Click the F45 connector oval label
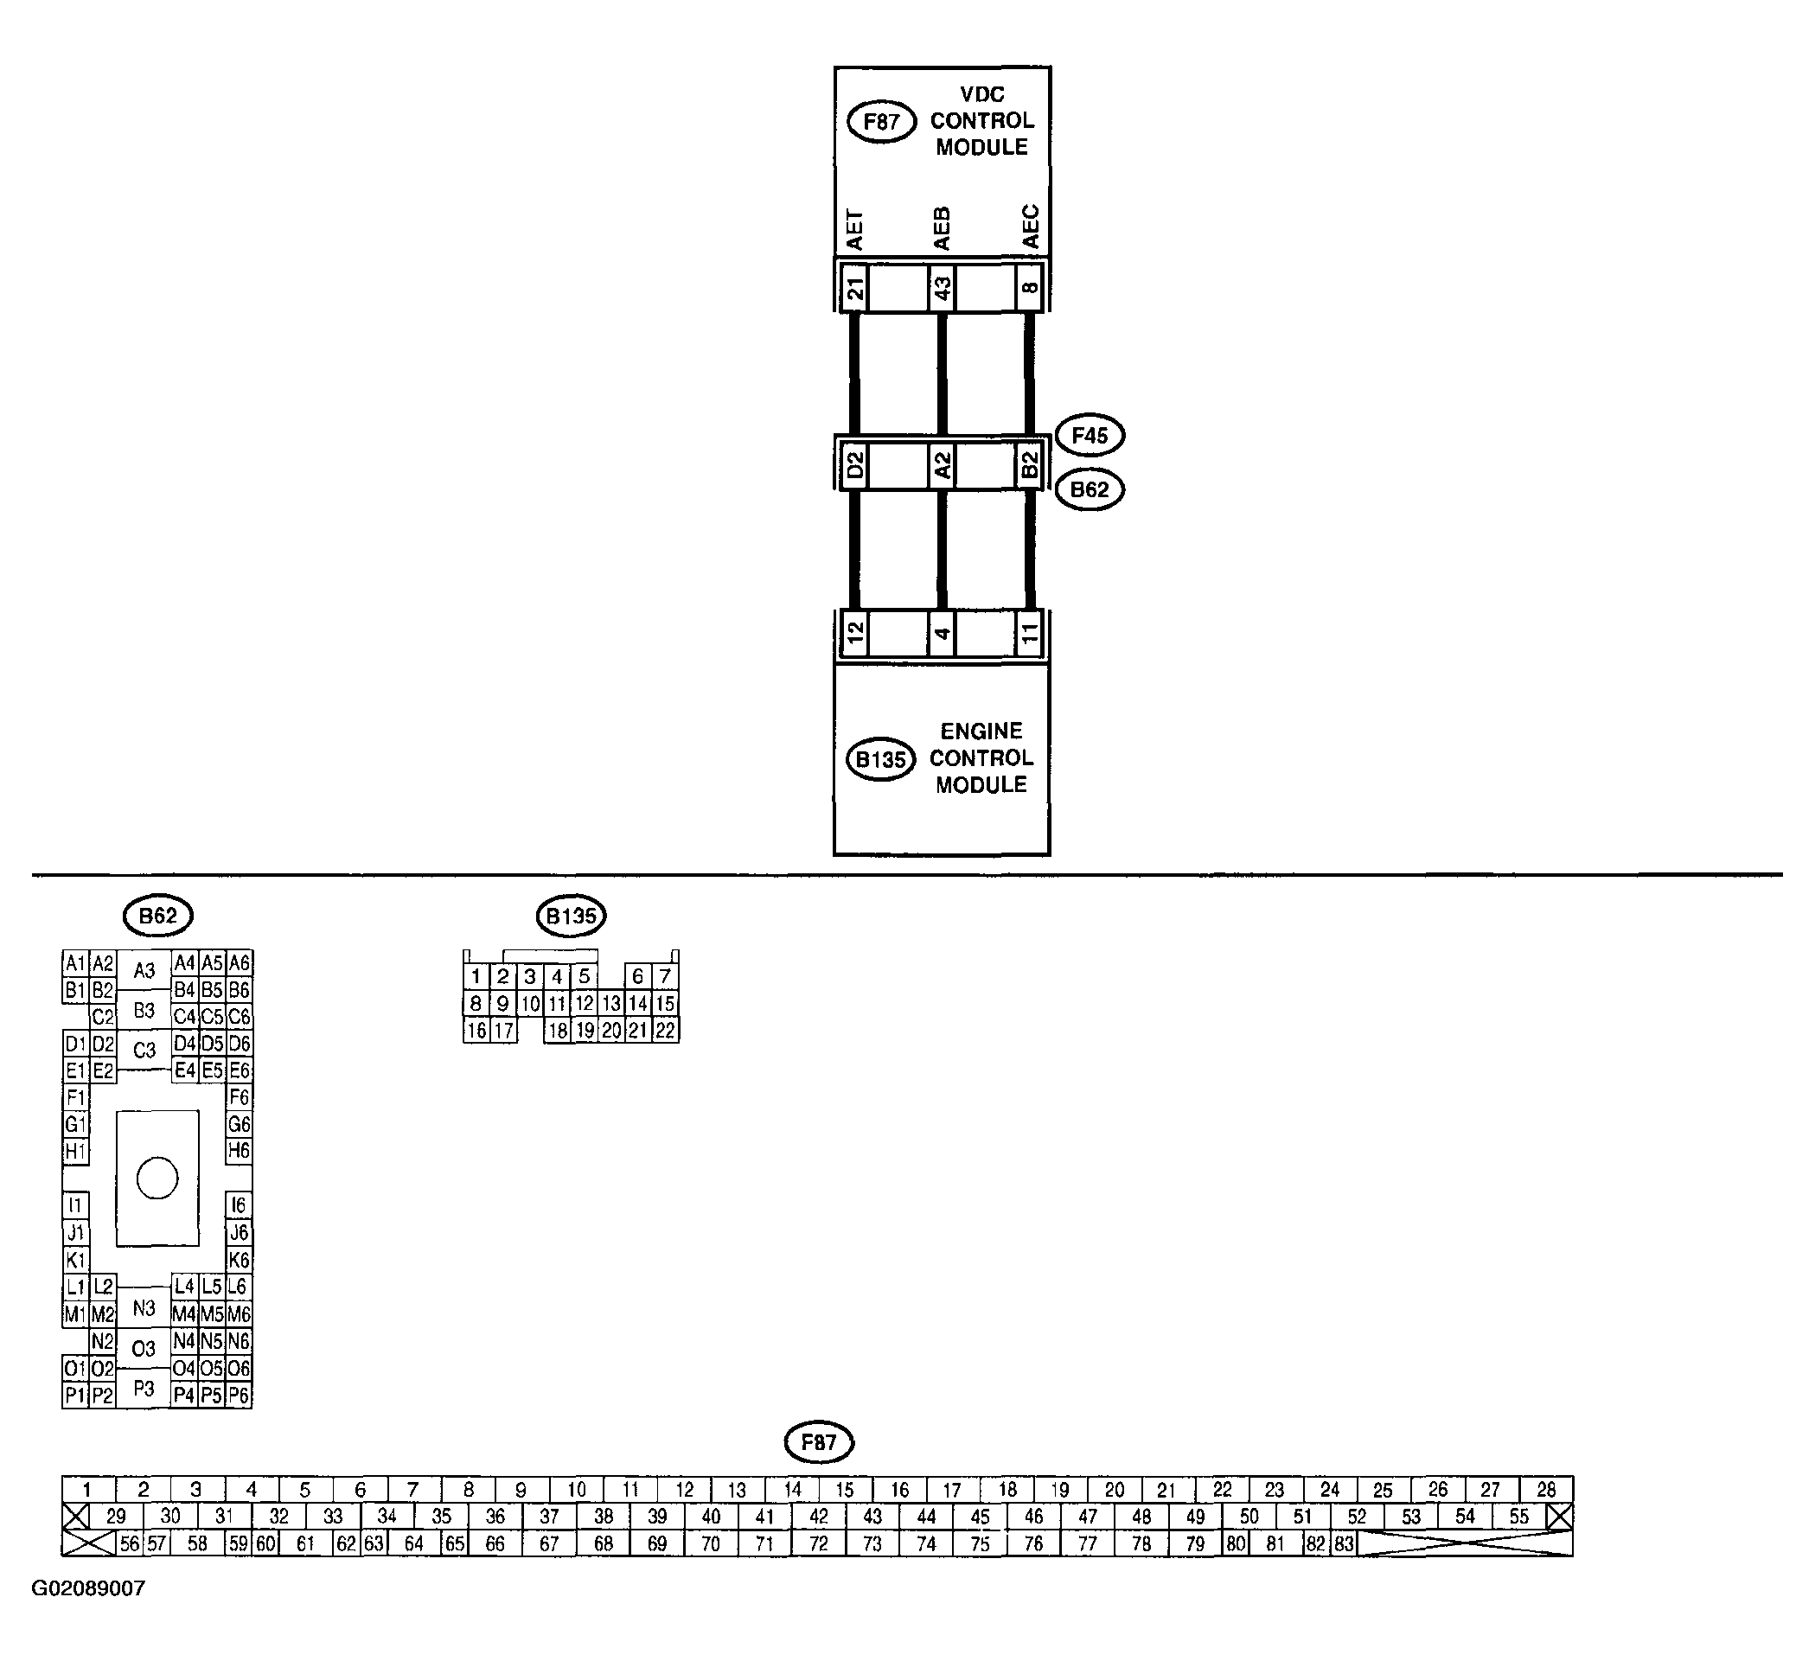tap(1090, 436)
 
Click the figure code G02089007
tap(88, 1589)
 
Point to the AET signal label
tap(854, 231)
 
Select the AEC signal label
tap(1030, 227)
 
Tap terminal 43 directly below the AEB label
tap(942, 288)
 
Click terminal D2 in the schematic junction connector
tap(854, 465)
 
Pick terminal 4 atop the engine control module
tap(942, 634)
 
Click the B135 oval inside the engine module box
tap(880, 760)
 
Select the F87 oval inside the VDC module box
tap(881, 123)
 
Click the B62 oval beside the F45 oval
tap(1090, 489)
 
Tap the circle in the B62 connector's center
tap(157, 1179)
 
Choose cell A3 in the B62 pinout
tap(144, 970)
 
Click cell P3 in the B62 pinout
tap(144, 1389)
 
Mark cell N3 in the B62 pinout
tap(144, 1307)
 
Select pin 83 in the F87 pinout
tap(1344, 1544)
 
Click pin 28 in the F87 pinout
tap(1546, 1490)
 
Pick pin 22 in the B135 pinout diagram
tap(665, 1031)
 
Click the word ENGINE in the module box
tap(981, 731)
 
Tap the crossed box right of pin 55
tap(1559, 1517)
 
